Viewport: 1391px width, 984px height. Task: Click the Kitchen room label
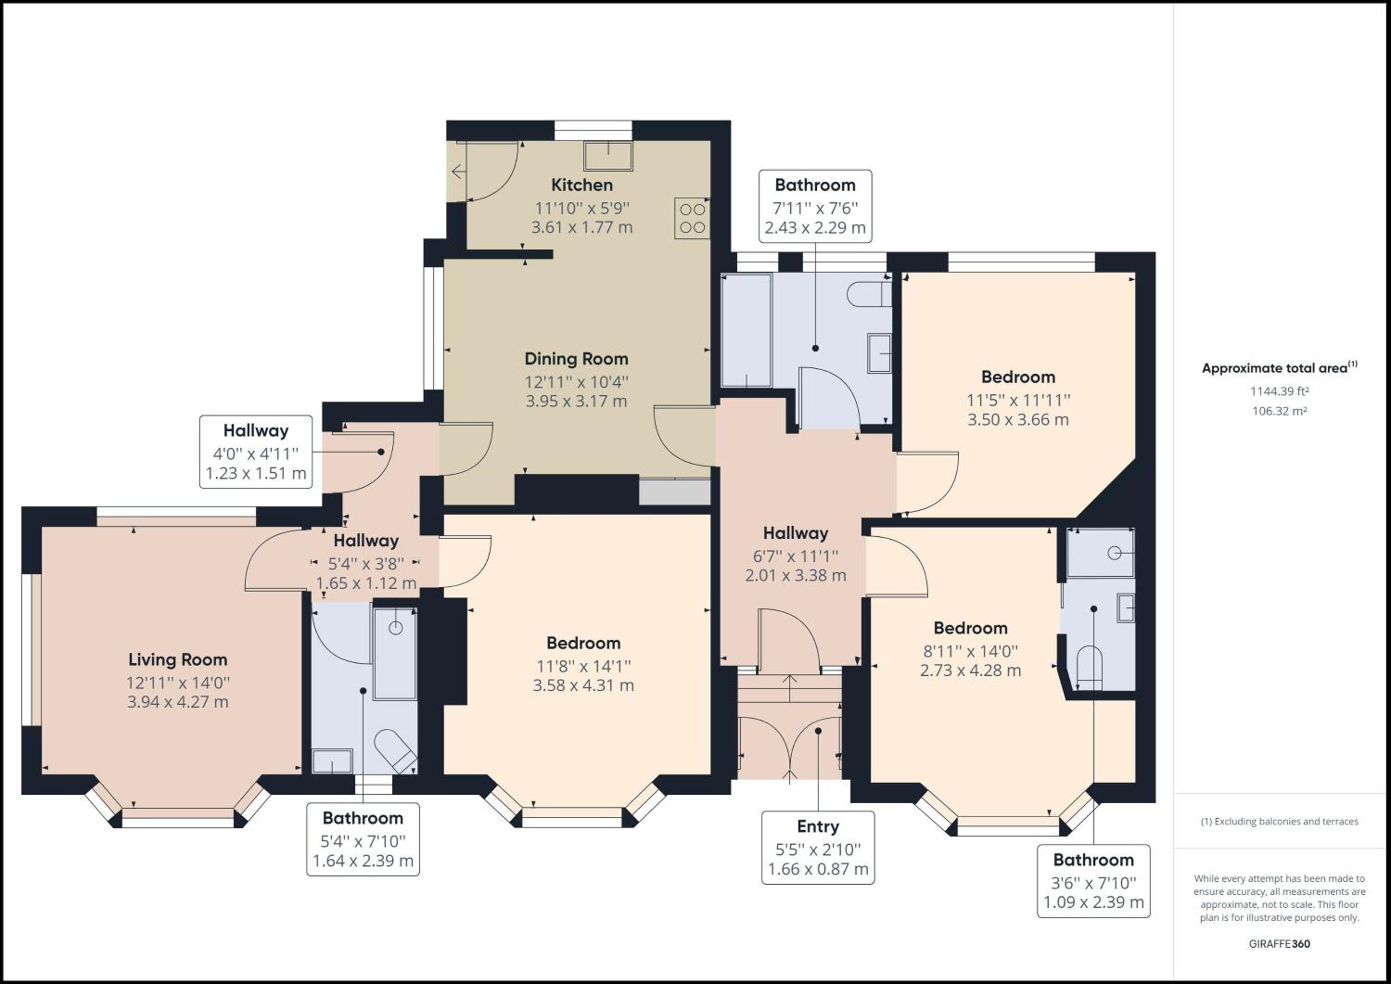point(581,185)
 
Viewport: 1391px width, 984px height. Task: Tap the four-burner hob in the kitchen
point(692,218)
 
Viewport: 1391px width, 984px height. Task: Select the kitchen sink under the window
point(608,156)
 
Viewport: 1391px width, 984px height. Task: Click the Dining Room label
point(576,359)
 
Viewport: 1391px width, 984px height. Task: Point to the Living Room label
point(178,659)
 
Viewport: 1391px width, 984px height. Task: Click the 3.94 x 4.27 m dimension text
point(178,702)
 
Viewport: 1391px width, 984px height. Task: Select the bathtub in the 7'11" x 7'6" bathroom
point(747,330)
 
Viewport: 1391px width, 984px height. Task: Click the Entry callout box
point(818,848)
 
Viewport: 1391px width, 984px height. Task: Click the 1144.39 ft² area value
point(1280,391)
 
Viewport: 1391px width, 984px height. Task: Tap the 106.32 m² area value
point(1280,411)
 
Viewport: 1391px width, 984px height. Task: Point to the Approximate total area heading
point(1280,368)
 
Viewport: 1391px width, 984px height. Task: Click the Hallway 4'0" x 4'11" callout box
point(255,452)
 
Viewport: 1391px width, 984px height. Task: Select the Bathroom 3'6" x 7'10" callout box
point(1093,881)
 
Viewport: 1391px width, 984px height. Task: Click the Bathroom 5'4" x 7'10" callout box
point(363,839)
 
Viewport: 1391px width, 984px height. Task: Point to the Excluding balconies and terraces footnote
point(1280,822)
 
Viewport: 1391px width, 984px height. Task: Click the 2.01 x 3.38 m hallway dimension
point(796,575)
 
